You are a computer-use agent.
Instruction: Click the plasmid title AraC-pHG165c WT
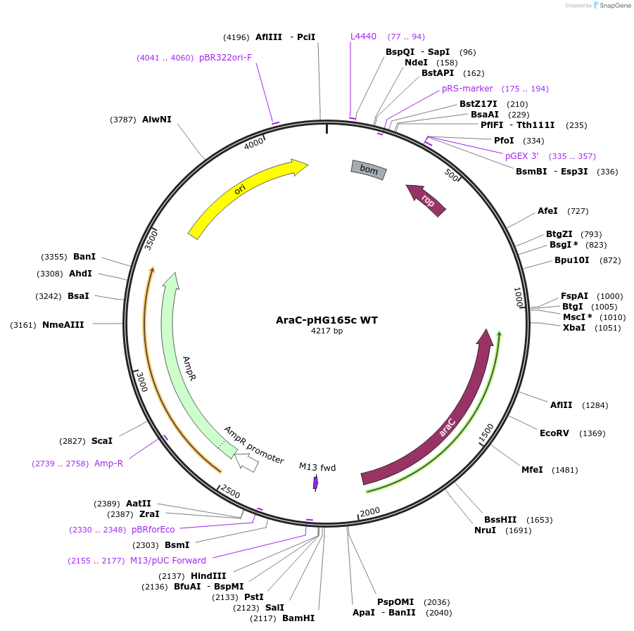pos(326,320)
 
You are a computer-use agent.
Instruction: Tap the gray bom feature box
pos(369,169)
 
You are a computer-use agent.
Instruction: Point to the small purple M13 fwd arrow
pos(316,483)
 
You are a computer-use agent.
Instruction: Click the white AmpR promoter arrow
pos(246,461)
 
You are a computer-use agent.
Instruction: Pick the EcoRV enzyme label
pos(554,433)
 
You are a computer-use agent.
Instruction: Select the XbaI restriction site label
pos(573,328)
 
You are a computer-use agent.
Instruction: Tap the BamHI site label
pos(298,618)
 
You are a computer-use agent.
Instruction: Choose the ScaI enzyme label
pos(102,441)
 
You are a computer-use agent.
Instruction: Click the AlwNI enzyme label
pos(156,120)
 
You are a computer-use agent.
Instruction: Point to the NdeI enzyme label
pos(416,63)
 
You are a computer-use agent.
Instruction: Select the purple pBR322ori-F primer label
pos(225,58)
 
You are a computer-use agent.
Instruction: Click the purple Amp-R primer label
pos(108,464)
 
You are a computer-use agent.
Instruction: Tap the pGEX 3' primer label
pos(521,156)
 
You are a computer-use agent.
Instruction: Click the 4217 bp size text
pos(326,331)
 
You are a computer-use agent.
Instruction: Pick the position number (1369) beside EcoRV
pos(592,433)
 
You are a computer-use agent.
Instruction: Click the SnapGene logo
pos(611,6)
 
